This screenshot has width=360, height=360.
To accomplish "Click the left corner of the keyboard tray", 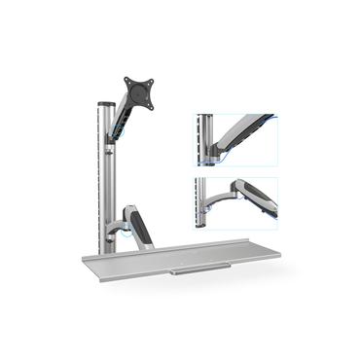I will click(82, 260).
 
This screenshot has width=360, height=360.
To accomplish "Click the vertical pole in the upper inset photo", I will click(202, 136).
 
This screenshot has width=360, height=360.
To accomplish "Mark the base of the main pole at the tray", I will click(105, 246).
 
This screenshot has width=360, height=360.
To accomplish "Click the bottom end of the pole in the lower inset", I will click(202, 216).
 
